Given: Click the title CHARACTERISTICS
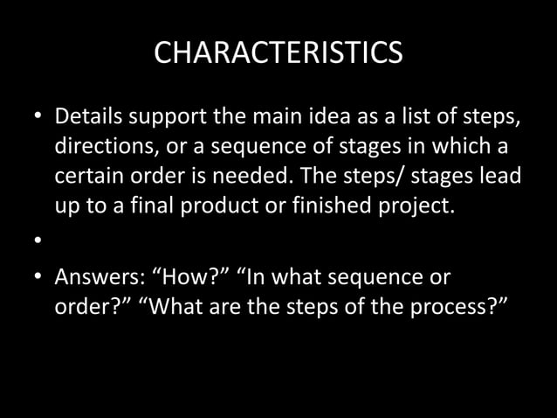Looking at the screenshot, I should point(278,52).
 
